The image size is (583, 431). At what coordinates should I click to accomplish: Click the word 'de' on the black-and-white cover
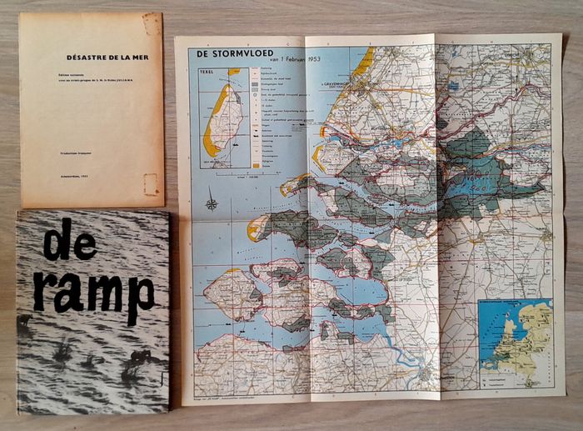point(68,242)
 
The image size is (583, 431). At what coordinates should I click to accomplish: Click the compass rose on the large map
point(212,202)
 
